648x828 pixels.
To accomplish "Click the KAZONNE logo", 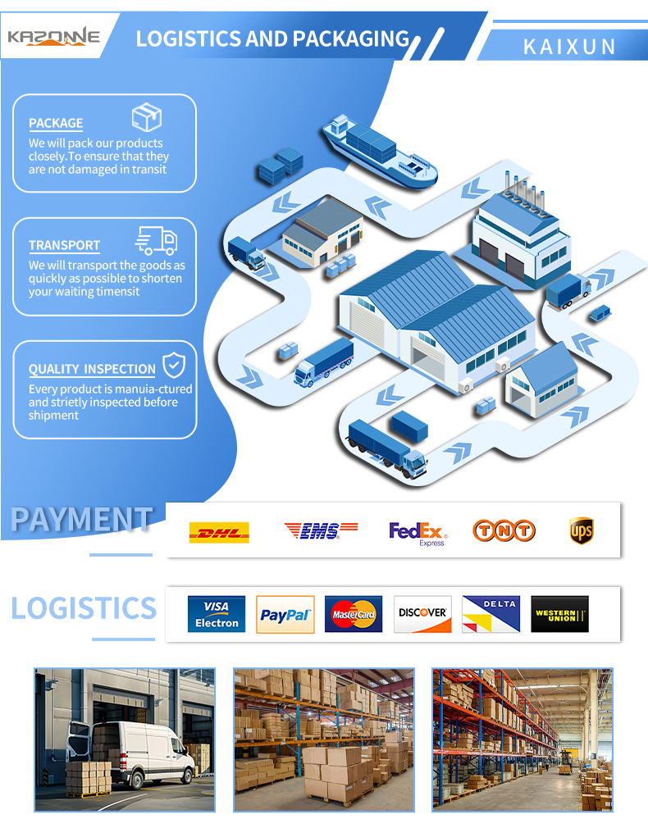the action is coord(53,37).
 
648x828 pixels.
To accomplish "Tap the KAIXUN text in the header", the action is coord(569,47).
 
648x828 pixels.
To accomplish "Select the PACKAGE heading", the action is coord(56,123).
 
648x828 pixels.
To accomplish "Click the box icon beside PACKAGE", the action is coord(146,116).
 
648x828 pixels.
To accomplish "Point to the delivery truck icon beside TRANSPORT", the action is coord(157,241).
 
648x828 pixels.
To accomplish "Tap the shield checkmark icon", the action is coord(173,365).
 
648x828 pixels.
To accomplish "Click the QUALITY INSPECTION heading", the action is coord(92,369).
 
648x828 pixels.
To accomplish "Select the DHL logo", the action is coord(219,532).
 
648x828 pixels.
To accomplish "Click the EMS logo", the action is coord(321,530).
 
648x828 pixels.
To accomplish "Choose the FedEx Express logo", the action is coord(418,534).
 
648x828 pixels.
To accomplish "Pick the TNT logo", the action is coord(504,530).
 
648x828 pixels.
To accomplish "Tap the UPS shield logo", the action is coord(581,530).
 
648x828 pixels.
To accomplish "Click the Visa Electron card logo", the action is coord(217,614).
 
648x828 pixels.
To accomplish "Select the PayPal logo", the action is coord(285,614).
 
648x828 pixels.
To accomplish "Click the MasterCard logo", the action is coord(353,614).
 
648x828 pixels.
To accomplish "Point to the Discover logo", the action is coord(422,614).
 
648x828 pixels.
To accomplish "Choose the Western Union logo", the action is coord(559,614).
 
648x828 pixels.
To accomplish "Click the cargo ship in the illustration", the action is coord(380,152).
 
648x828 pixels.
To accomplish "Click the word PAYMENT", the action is coord(82,519).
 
